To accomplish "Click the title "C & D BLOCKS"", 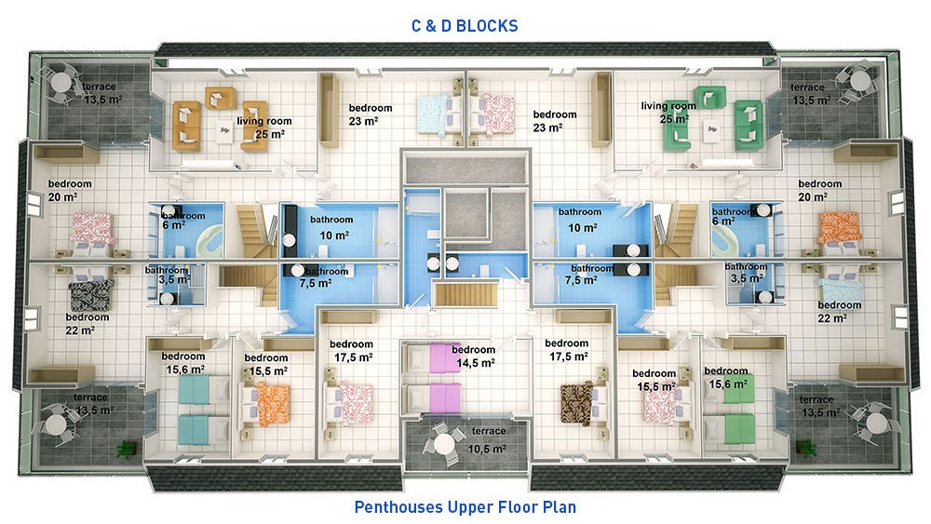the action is pos(465,26).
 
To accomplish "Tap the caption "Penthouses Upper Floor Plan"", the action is pos(465,507).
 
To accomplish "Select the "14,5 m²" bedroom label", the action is pos(476,363).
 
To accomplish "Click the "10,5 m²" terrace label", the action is pos(487,450).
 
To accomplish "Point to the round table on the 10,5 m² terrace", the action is pos(444,443).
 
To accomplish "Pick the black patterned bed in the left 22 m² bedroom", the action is pos(90,294).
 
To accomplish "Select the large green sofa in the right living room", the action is pos(749,125).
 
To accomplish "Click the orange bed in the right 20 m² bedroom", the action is pos(839,228).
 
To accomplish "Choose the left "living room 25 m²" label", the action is pos(264,128).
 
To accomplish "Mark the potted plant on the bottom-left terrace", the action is pos(126,449).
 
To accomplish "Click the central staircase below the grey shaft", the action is pos(465,295).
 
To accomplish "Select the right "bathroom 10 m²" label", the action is pos(580,220).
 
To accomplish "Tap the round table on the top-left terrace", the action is pos(61,83).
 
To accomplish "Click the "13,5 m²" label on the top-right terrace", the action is pos(811,101).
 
